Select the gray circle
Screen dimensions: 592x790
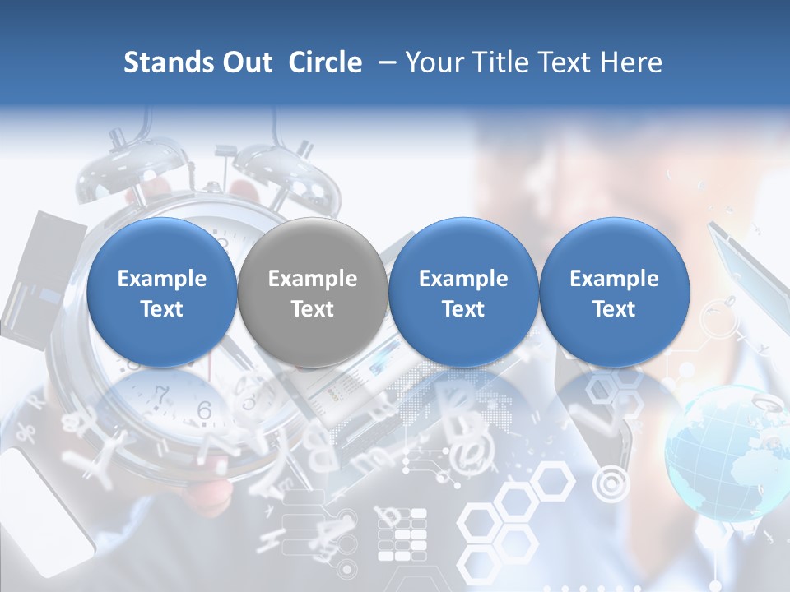click(x=313, y=293)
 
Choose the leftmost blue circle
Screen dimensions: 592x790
click(x=162, y=293)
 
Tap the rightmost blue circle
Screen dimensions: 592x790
click(x=614, y=293)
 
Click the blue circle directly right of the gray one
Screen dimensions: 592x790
click(x=463, y=293)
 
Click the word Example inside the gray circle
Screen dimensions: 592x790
click(x=313, y=279)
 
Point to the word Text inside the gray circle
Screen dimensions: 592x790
click(x=313, y=309)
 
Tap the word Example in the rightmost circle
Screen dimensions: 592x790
click(x=614, y=279)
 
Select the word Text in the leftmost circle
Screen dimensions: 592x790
click(x=162, y=309)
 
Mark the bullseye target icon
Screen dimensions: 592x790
click(x=610, y=484)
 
